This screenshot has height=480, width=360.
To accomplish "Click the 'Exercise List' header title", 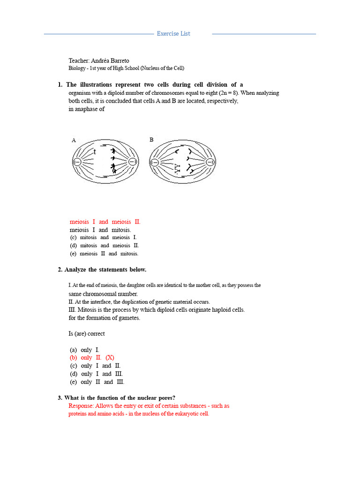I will click(x=173, y=34).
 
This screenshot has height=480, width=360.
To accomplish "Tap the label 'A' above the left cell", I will click(x=74, y=140).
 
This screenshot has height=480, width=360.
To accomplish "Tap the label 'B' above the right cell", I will click(x=151, y=140).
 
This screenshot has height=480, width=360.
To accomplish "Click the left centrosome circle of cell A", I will click(x=76, y=162).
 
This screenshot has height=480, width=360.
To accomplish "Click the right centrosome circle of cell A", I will click(x=133, y=162).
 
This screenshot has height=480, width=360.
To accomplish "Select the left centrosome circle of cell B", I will click(x=154, y=162).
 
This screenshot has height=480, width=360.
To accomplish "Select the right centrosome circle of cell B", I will click(x=210, y=162).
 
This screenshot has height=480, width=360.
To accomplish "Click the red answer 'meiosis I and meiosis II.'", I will click(x=105, y=222).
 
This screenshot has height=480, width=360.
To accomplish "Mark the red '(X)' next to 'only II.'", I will click(x=110, y=357).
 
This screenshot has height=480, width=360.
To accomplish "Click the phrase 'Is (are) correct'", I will click(x=87, y=334).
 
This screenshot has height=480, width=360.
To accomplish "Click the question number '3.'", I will click(x=60, y=398).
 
